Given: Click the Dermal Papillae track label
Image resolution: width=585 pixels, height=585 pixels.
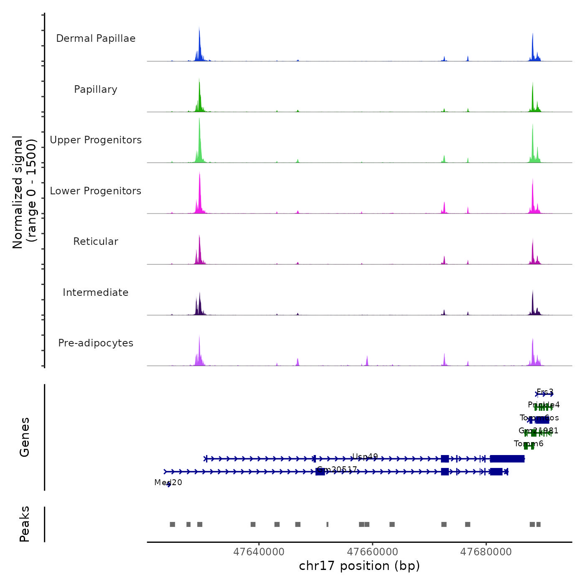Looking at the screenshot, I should tap(96, 38).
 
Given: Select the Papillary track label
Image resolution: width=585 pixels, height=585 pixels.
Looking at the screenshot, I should tap(96, 89).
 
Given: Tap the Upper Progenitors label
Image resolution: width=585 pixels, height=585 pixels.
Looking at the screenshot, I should tap(96, 140).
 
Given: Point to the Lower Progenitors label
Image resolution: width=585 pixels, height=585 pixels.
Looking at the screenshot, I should tap(96, 191).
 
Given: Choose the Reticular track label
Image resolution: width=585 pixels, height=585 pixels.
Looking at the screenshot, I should tap(96, 242).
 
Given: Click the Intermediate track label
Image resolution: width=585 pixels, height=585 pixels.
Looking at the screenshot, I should tap(96, 292).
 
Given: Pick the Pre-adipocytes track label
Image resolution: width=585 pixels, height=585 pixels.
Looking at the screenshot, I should tap(96, 343).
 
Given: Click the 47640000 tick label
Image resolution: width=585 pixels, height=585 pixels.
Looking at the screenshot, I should tap(259, 552).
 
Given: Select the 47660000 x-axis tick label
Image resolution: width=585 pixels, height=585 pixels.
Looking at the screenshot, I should tap(372, 552).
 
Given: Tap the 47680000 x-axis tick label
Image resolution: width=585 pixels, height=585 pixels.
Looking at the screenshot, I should tap(486, 552).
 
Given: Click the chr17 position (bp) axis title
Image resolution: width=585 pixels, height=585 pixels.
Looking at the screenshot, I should tap(359, 566).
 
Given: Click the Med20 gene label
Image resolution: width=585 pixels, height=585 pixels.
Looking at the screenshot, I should tap(168, 483).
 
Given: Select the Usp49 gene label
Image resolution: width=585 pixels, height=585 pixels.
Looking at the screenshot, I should tap(365, 457).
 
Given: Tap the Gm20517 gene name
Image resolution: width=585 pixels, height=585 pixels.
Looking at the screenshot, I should tap(337, 470).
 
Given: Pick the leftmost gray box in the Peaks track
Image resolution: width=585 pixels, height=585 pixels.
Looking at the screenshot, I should tap(172, 524).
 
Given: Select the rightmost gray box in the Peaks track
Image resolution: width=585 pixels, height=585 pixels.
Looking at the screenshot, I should tap(538, 524).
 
